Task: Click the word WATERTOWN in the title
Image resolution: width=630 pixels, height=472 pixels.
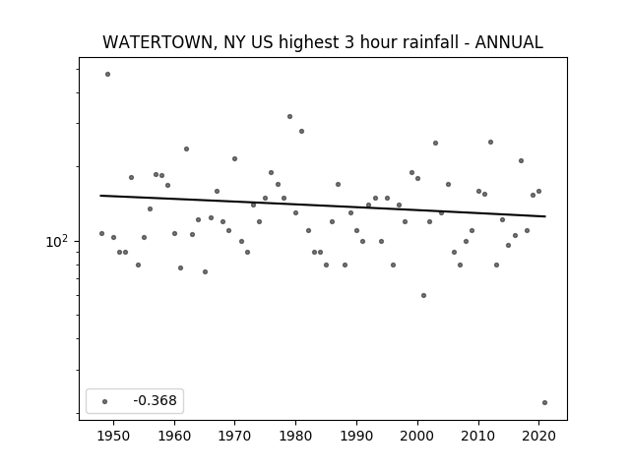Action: (x=157, y=42)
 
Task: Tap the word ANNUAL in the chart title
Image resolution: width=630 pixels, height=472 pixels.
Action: (x=509, y=42)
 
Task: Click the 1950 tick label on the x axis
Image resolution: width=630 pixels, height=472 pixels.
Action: (x=114, y=436)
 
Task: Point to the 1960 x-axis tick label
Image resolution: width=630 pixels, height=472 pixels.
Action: (x=174, y=436)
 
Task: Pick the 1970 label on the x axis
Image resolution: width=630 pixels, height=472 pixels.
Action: (x=234, y=436)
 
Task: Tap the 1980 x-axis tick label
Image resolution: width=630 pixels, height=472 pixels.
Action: (x=295, y=436)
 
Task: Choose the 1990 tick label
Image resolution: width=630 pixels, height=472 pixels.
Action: (x=356, y=436)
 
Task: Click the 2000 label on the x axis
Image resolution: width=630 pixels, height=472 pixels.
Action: (x=417, y=436)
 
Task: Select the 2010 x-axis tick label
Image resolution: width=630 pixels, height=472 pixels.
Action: (x=478, y=436)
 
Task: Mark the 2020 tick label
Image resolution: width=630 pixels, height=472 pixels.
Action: (x=538, y=436)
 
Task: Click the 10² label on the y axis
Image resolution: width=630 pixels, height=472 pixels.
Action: (x=57, y=241)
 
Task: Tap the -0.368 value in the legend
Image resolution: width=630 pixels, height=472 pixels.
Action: (x=155, y=400)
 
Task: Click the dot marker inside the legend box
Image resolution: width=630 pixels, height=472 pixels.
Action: (x=105, y=401)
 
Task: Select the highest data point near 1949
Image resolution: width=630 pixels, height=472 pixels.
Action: (x=107, y=75)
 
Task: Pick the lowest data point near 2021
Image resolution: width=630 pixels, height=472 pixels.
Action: (x=544, y=402)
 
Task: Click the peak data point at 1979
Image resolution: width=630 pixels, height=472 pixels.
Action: (x=289, y=116)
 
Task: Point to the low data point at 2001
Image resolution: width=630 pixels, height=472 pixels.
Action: (x=423, y=295)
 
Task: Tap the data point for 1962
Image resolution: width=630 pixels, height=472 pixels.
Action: (x=186, y=148)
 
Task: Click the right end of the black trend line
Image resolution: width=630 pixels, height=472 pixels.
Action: (x=545, y=216)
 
